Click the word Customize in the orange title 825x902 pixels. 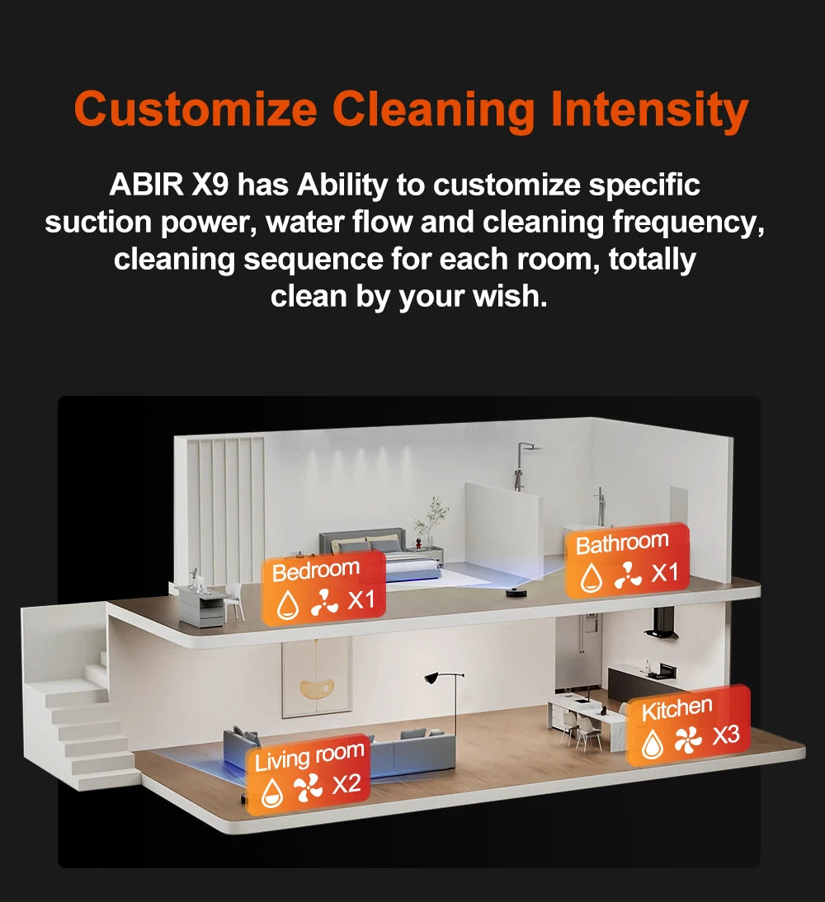click(196, 110)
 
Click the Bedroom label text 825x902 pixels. click(316, 570)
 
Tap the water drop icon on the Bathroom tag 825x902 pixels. click(591, 578)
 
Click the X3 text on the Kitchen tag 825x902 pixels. click(726, 735)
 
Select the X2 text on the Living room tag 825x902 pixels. click(346, 784)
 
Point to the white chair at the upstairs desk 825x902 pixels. click(235, 599)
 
